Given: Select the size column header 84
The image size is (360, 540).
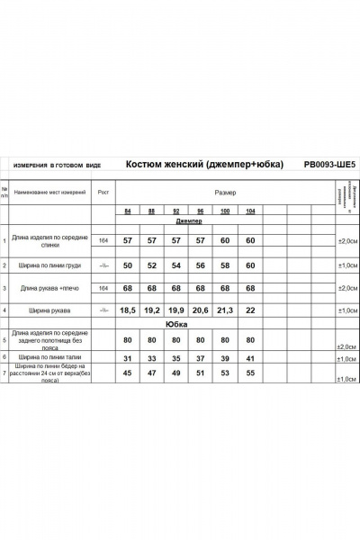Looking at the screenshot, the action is coord(128,212).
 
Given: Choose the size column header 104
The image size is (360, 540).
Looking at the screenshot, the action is coord(249,212).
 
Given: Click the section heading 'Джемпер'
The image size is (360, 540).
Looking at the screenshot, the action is coord(189,220).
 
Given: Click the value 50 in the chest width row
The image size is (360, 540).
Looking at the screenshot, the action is coord(128,265).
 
